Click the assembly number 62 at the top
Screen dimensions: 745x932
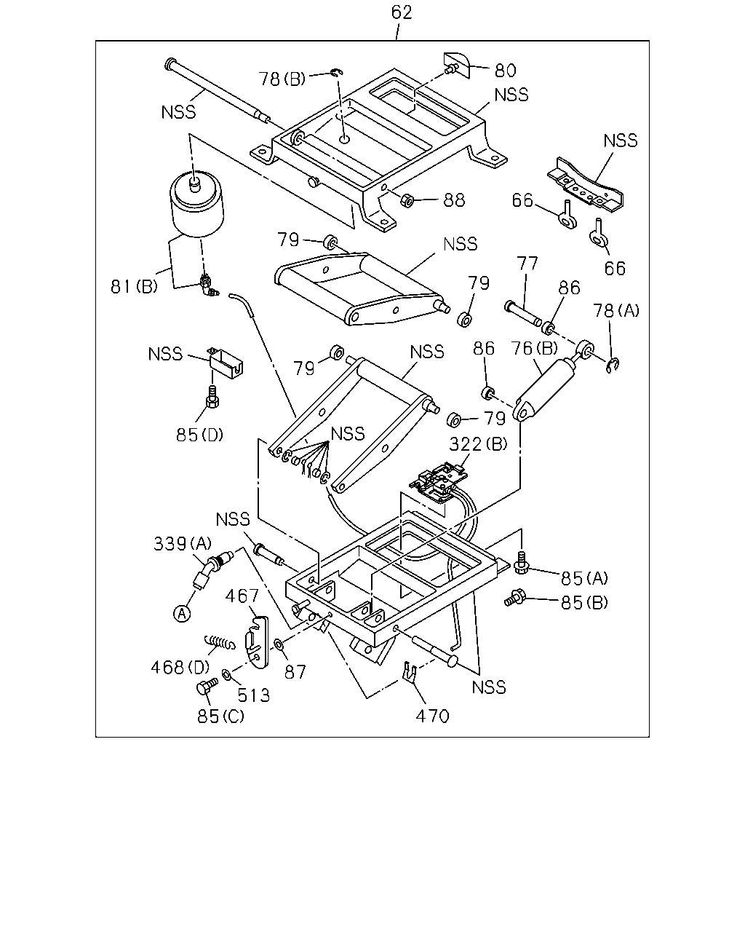click(x=402, y=12)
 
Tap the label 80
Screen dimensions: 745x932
click(x=505, y=71)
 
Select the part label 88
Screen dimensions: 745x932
click(x=454, y=200)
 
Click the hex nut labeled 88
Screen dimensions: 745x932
click(x=407, y=200)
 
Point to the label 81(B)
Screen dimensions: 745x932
click(x=134, y=286)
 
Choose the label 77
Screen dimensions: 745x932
click(x=527, y=264)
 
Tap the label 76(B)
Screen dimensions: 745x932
click(x=534, y=348)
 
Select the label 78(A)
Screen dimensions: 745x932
click(x=616, y=310)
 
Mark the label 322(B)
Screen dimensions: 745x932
click(x=478, y=444)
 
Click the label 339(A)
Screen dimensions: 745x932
click(x=182, y=544)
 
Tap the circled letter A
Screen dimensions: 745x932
click(x=182, y=613)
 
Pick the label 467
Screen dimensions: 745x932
click(x=242, y=596)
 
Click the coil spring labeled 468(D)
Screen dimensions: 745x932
click(x=220, y=642)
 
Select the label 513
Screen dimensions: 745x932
click(x=254, y=695)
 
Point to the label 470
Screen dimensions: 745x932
click(x=432, y=716)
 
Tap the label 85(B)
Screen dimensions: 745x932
click(x=584, y=603)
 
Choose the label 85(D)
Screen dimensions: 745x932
click(x=199, y=435)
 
